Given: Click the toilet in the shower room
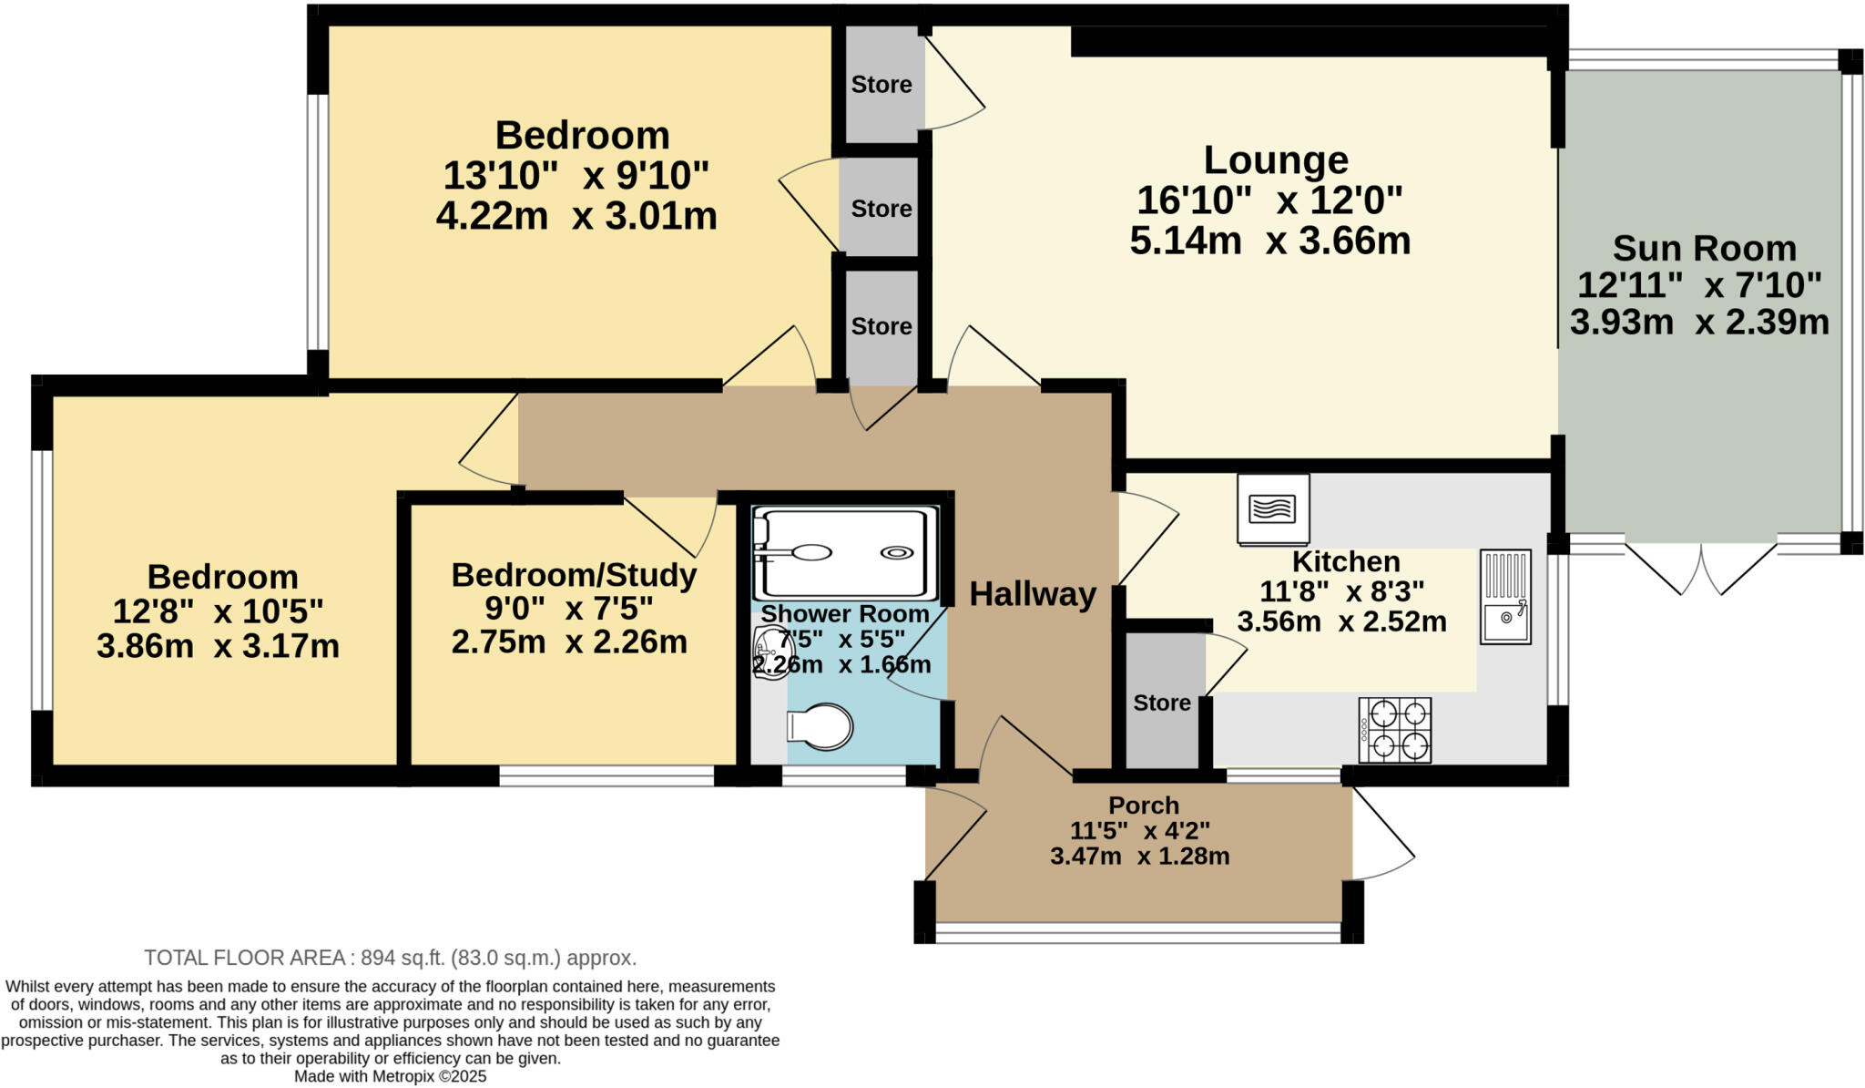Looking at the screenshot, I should pyautogui.click(x=820, y=726).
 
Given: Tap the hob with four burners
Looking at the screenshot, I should pyautogui.click(x=1394, y=730).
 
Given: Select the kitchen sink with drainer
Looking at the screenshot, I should pyautogui.click(x=1505, y=597).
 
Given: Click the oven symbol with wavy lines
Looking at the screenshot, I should pyautogui.click(x=1273, y=508).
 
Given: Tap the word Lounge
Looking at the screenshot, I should pyautogui.click(x=1275, y=160).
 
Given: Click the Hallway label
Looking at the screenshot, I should pyautogui.click(x=1032, y=594).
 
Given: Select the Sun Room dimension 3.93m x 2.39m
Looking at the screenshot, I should pyautogui.click(x=1699, y=322).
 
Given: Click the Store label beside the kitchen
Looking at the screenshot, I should pyautogui.click(x=1162, y=703).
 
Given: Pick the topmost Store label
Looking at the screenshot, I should pyautogui.click(x=882, y=85).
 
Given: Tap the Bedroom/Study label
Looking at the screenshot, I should pyautogui.click(x=574, y=575).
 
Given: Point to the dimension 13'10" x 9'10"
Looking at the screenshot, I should pyautogui.click(x=576, y=174).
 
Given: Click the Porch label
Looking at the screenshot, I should pyautogui.click(x=1144, y=806).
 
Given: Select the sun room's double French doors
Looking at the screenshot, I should pyautogui.click(x=1700, y=567).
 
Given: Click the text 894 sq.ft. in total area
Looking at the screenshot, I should pyautogui.click(x=402, y=958).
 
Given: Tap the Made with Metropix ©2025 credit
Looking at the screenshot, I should pyautogui.click(x=390, y=1076).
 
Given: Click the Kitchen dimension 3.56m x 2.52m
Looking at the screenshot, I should pyautogui.click(x=1341, y=621).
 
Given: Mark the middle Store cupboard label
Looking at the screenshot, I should pyautogui.click(x=882, y=209).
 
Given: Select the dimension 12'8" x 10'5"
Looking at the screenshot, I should pyautogui.click(x=218, y=611).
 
